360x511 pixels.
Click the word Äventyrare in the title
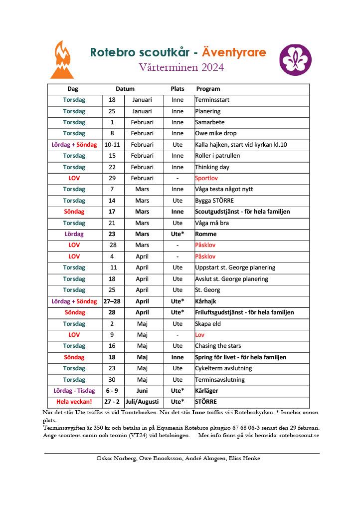pyautogui.click(x=234, y=52)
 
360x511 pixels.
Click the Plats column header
pyautogui.click(x=178, y=89)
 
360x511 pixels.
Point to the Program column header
pyautogui.click(x=208, y=89)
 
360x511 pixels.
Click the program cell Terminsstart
pyautogui.click(x=212, y=100)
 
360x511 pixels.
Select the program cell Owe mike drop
pyautogui.click(x=216, y=133)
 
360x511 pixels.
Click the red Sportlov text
pyautogui.click(x=206, y=178)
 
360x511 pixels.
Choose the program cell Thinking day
pyautogui.click(x=212, y=167)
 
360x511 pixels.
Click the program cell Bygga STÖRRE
pyautogui.click(x=215, y=201)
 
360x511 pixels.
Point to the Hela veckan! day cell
pyautogui.click(x=74, y=402)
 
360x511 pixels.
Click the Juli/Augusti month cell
pyautogui.click(x=142, y=402)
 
